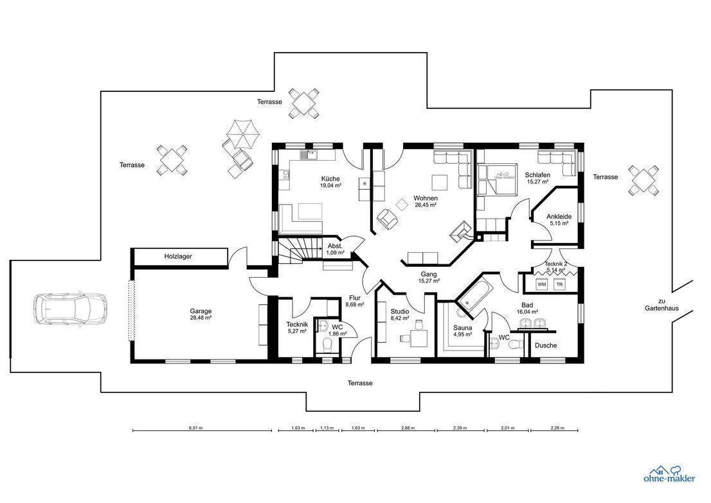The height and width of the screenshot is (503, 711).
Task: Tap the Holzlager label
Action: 177,256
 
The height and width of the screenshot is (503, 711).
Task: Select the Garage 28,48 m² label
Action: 201,315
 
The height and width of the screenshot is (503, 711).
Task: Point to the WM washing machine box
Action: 541,284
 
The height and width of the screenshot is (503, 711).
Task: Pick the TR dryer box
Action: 559,284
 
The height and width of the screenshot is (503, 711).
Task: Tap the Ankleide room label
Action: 559,219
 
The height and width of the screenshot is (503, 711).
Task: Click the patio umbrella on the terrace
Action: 242,134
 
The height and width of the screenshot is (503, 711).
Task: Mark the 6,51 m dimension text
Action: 195,427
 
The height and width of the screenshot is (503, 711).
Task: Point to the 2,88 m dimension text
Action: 407,427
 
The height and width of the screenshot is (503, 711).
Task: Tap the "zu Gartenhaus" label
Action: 662,304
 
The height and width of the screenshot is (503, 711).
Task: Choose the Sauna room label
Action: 462,331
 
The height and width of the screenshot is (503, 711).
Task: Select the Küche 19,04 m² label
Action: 330,181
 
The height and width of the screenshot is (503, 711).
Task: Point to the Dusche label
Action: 546,345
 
